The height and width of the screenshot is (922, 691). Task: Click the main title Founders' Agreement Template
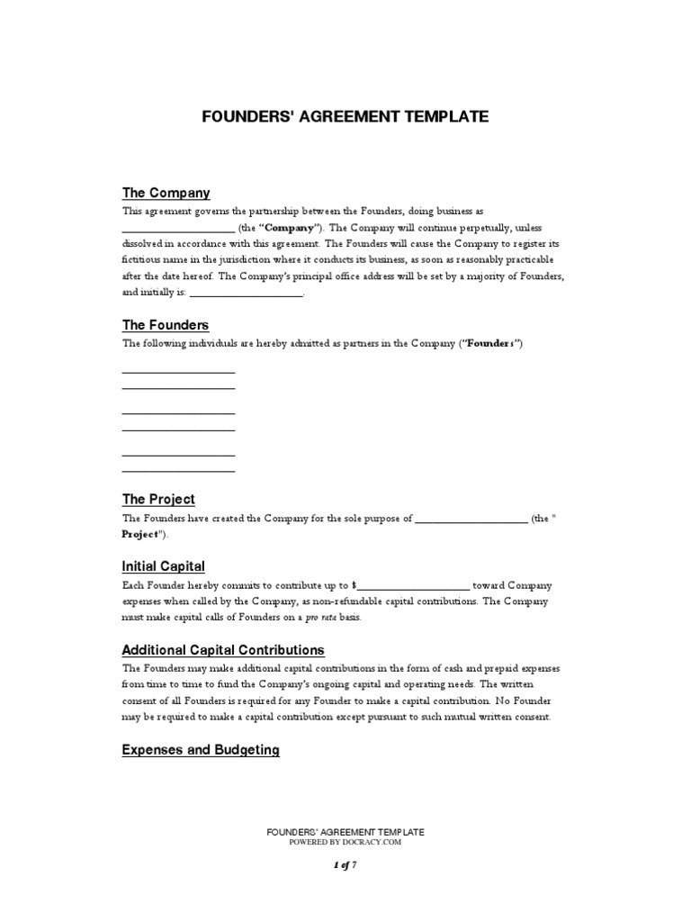click(x=345, y=116)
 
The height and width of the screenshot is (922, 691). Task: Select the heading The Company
click(x=166, y=193)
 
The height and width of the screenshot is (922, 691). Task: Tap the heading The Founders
click(x=166, y=325)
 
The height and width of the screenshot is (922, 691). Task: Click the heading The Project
click(x=158, y=499)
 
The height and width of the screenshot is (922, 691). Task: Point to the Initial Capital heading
click(x=163, y=566)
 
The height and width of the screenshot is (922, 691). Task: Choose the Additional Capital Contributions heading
click(x=223, y=650)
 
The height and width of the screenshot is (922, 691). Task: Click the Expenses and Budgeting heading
click(x=201, y=750)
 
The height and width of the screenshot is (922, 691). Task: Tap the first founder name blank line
click(x=178, y=370)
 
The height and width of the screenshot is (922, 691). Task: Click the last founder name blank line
click(x=178, y=469)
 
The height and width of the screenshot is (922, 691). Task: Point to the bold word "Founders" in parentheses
click(x=490, y=344)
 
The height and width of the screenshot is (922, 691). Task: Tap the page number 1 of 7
click(x=345, y=865)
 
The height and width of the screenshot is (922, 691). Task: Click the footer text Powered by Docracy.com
click(x=345, y=843)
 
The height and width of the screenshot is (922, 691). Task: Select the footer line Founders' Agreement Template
click(x=345, y=833)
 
